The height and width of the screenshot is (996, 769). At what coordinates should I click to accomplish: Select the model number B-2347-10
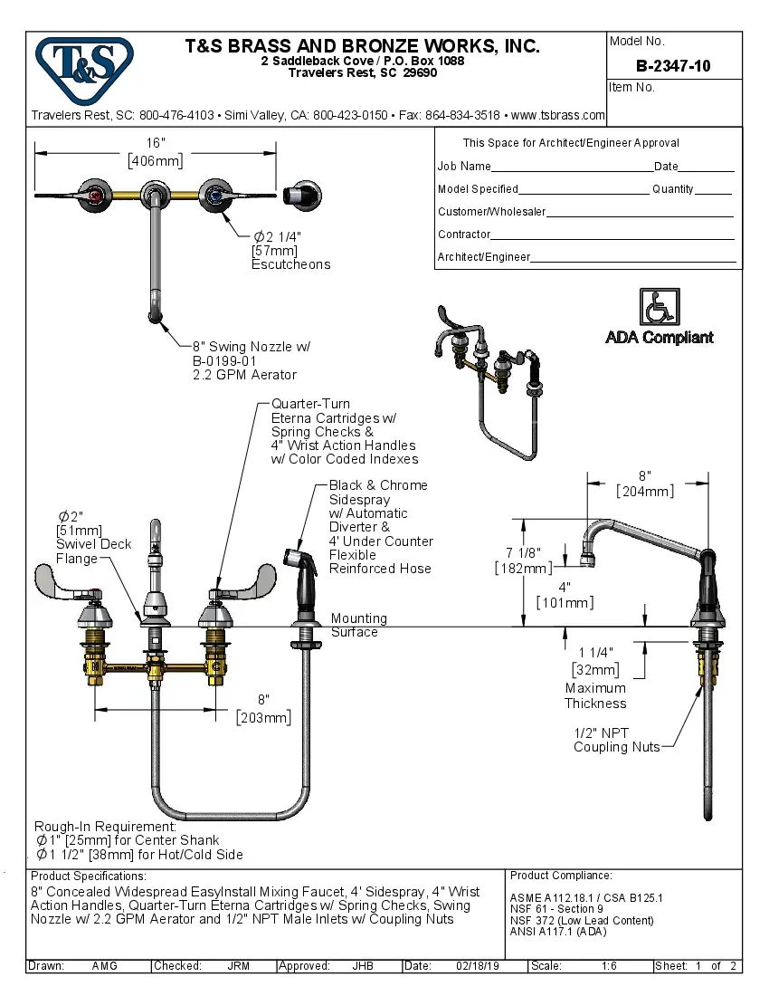pos(672,66)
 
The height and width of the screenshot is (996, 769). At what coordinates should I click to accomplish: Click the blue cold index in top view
pos(214,194)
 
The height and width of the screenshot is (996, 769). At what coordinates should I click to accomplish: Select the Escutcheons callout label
pos(290,264)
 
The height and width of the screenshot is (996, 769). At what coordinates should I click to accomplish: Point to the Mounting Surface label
pos(358,625)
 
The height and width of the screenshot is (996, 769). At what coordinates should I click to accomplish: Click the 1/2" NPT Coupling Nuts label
pos(615,740)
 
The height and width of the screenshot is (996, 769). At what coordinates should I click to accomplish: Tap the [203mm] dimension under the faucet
pos(263,717)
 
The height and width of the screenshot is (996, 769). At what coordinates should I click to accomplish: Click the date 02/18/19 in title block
pos(478,966)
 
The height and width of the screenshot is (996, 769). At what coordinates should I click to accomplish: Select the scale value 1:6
pos(609,966)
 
